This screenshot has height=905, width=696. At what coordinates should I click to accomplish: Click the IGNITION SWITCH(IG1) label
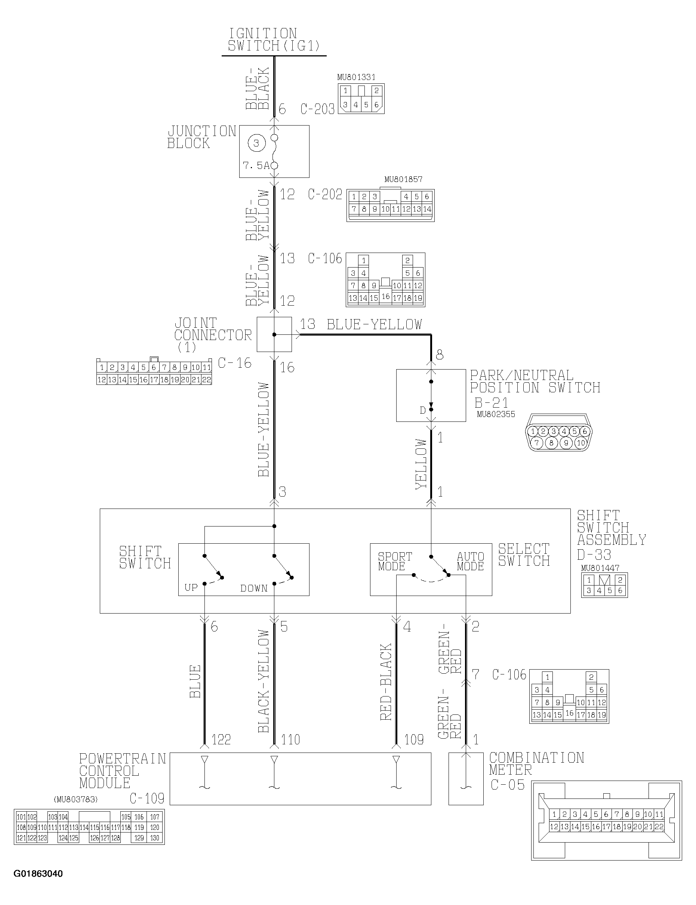pyautogui.click(x=274, y=40)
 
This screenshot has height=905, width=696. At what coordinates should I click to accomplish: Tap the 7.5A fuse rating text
pyautogui.click(x=256, y=166)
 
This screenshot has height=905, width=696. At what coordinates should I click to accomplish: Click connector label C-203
pyautogui.click(x=317, y=109)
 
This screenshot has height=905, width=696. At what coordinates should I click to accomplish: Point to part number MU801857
pyautogui.click(x=403, y=179)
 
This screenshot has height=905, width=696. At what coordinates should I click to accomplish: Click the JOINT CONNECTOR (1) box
pyautogui.click(x=274, y=334)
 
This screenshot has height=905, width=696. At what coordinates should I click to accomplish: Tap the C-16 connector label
pyautogui.click(x=234, y=363)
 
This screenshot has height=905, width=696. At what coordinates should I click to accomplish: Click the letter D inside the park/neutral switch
pyautogui.click(x=422, y=410)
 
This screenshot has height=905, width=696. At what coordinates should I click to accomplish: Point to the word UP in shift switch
pyautogui.click(x=191, y=587)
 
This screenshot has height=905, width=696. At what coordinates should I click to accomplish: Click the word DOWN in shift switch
pyautogui.click(x=253, y=588)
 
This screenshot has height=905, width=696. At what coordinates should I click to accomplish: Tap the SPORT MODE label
pyautogui.click(x=394, y=561)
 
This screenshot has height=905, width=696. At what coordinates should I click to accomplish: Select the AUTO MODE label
pyautogui.click(x=470, y=561)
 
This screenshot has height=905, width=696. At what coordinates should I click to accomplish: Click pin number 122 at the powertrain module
pyautogui.click(x=221, y=739)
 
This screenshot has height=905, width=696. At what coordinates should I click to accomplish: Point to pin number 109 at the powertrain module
pyautogui.click(x=414, y=739)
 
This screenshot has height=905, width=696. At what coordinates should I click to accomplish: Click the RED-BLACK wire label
pyautogui.click(x=386, y=682)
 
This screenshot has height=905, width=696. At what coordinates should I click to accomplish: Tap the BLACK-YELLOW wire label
pyautogui.click(x=264, y=681)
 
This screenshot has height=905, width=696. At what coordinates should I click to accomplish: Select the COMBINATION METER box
pyautogui.click(x=466, y=778)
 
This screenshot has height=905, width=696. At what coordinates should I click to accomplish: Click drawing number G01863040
pyautogui.click(x=38, y=874)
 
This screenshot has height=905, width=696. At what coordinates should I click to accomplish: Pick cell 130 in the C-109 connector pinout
pyautogui.click(x=154, y=838)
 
